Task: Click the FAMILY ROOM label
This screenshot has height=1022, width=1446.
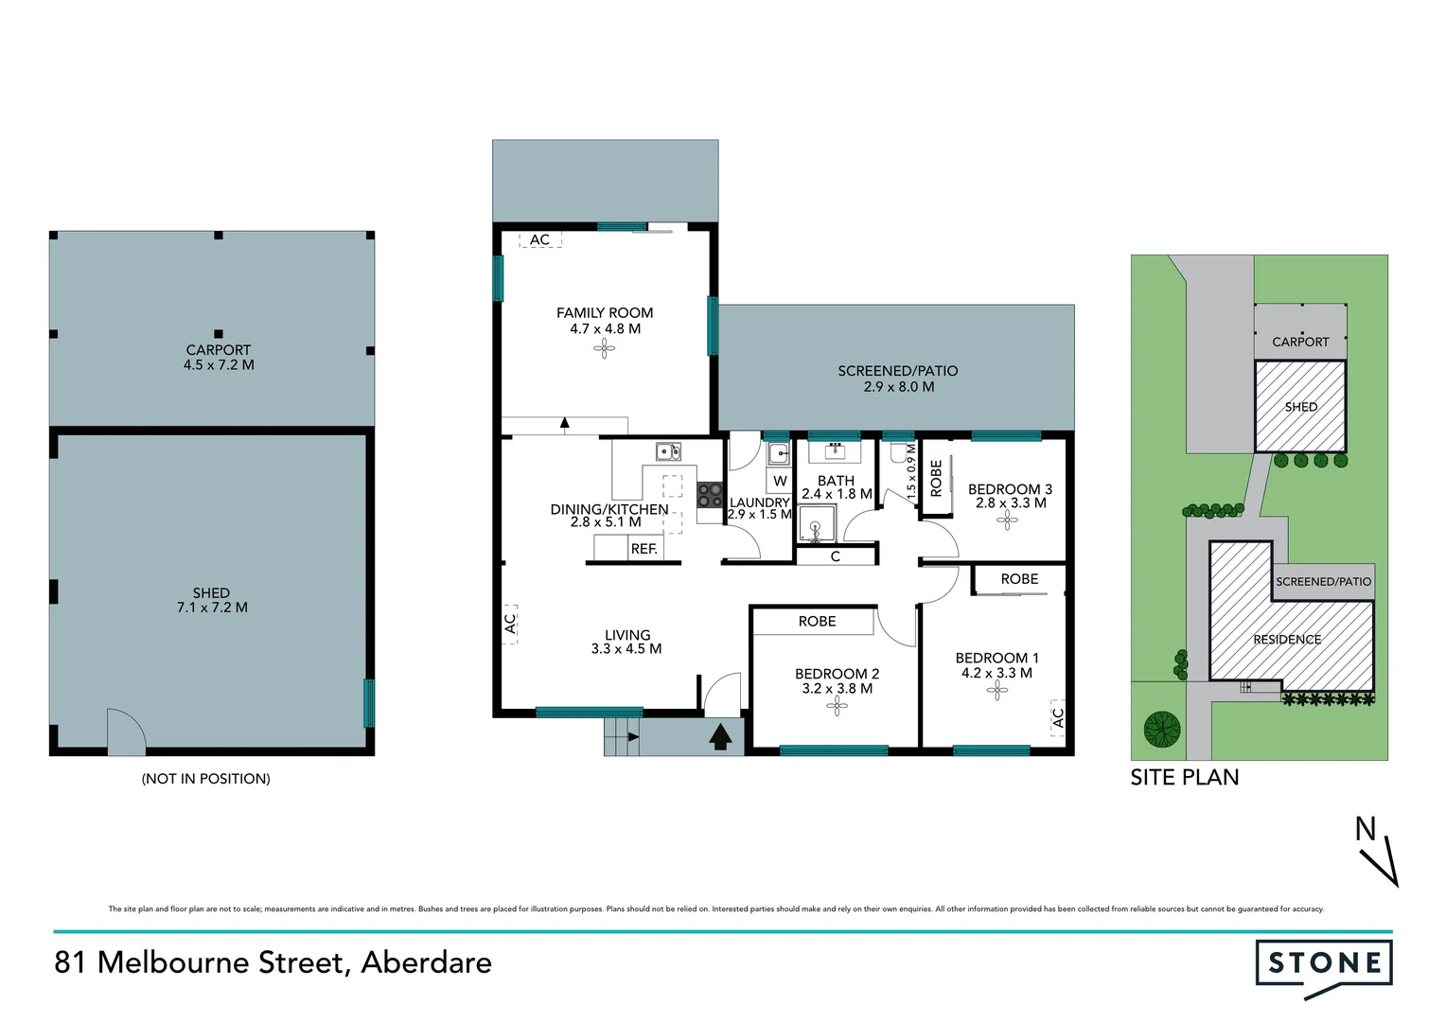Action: [x=604, y=312]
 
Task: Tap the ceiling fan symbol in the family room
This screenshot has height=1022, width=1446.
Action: [x=604, y=350]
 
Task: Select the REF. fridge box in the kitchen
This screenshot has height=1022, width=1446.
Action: [x=644, y=548]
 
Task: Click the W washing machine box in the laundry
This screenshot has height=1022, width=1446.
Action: [x=780, y=481]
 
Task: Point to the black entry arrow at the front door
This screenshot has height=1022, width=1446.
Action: [x=720, y=735]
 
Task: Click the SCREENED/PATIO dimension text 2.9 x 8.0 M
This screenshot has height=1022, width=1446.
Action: [x=898, y=386]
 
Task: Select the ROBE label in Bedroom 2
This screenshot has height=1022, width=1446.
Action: [x=817, y=621]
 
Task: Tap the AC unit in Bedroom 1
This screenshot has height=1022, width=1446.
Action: [x=1057, y=717]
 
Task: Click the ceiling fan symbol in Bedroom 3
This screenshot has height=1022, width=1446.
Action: [x=1007, y=520]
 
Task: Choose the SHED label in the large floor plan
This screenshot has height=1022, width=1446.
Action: [x=211, y=592]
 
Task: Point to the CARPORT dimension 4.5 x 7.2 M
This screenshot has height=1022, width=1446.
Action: [x=219, y=365]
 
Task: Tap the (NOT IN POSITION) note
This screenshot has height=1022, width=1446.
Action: [x=205, y=779]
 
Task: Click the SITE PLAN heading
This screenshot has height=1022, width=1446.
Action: [x=1184, y=777]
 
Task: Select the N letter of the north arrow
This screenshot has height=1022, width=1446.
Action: [x=1365, y=829]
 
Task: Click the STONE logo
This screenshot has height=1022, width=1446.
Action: [x=1324, y=964]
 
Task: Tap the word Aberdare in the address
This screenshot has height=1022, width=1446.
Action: [x=426, y=962]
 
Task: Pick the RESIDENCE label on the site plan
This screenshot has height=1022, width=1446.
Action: [x=1287, y=640]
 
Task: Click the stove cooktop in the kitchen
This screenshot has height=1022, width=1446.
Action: [x=710, y=495]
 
